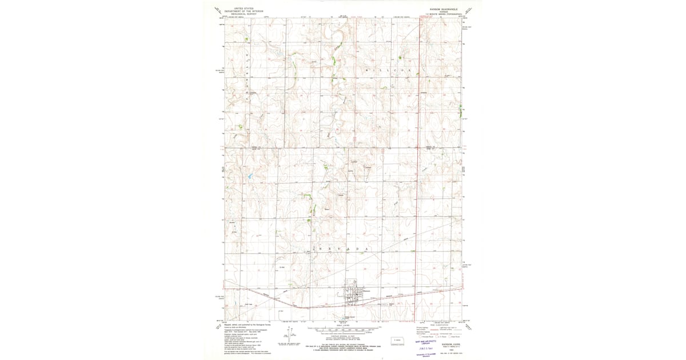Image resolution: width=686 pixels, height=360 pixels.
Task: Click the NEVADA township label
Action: [x=337, y=250]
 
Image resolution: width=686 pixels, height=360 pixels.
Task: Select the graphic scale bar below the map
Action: [x=343, y=330]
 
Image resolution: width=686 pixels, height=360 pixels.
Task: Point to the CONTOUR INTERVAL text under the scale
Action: [x=343, y=337]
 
